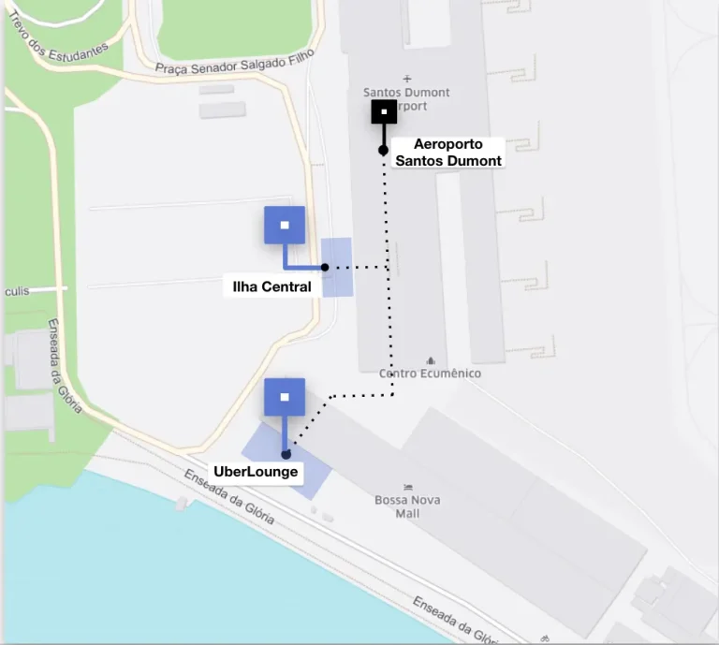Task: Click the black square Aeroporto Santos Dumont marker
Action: point(384,112)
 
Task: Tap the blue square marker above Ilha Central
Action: point(285,226)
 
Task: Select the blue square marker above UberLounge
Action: point(285,397)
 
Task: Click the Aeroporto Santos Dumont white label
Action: point(448,153)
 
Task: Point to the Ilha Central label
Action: point(271,286)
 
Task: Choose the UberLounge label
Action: point(256,471)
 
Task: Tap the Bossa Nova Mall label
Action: point(407,506)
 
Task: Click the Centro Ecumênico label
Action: point(430,374)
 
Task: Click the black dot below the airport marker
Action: point(383,150)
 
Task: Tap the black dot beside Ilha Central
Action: point(325,268)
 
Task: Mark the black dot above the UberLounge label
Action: point(286,455)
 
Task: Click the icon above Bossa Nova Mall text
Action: point(407,487)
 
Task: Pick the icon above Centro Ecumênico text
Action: point(431,360)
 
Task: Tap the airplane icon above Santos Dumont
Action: point(406,79)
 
